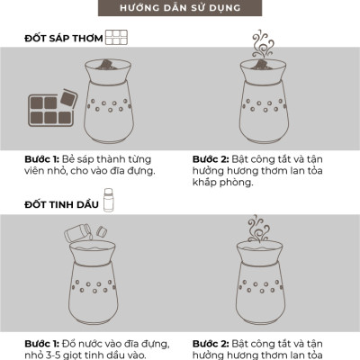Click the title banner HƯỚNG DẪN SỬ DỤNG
180,8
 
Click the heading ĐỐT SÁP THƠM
64,39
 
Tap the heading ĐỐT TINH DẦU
61,204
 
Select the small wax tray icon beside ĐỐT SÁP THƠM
116,38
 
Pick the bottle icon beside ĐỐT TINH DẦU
108,200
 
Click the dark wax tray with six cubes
50,110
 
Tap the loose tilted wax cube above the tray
67,98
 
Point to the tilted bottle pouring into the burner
78,233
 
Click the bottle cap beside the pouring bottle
102,231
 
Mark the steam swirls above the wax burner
262,44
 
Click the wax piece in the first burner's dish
106,64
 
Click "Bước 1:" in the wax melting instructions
41,159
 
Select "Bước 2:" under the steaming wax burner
211,159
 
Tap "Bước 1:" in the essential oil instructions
41,344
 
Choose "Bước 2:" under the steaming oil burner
211,344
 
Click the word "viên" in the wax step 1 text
34,171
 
